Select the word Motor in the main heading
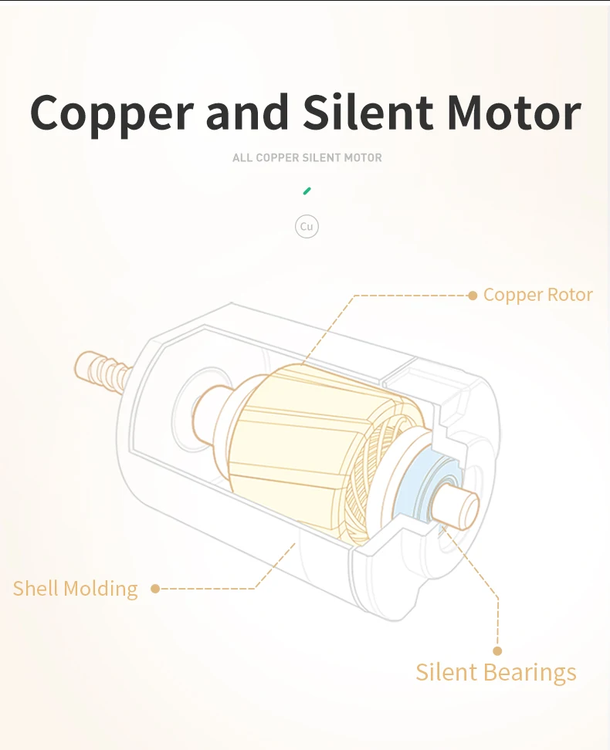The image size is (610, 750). (513, 113)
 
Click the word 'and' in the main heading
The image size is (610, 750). (247, 113)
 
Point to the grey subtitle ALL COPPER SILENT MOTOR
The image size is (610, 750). (307, 157)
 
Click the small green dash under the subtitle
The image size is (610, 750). (307, 190)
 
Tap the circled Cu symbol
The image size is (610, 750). (307, 226)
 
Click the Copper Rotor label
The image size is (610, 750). (537, 295)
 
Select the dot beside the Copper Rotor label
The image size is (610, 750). (473, 295)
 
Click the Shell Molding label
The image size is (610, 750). (75, 589)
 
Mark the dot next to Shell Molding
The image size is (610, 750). (155, 589)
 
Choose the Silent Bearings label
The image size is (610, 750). (496, 671)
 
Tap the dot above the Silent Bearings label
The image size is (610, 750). (497, 650)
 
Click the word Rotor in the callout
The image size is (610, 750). (570, 295)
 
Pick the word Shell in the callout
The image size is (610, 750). (36, 589)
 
